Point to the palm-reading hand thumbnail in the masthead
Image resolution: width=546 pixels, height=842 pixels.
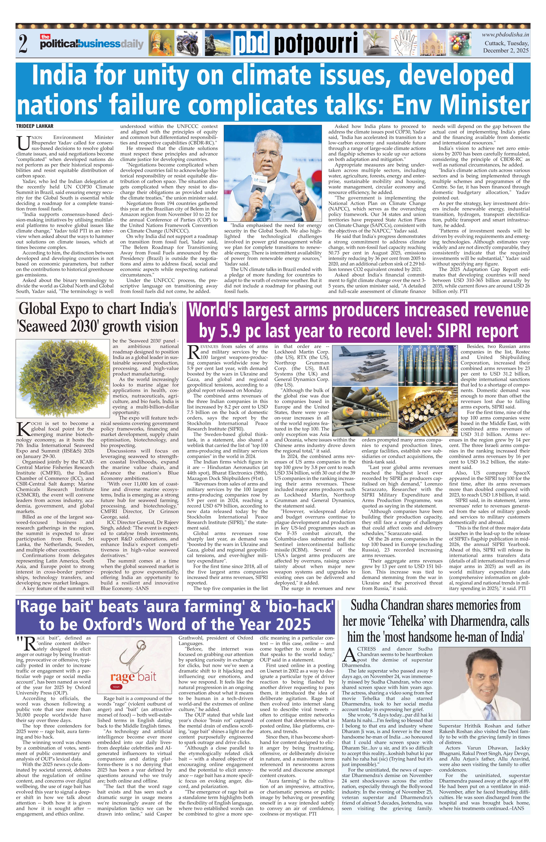[x=405, y=43]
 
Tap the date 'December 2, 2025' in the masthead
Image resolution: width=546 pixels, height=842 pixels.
[x=506, y=51]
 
